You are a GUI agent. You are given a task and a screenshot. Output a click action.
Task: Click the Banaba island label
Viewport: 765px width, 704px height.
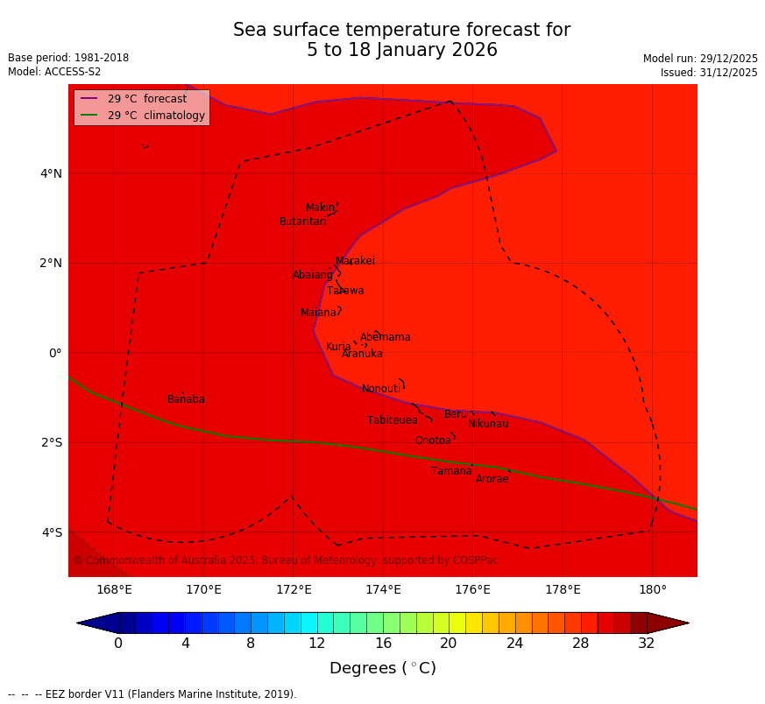(186, 399)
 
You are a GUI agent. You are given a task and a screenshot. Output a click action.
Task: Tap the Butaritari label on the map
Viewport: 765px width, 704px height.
(302, 222)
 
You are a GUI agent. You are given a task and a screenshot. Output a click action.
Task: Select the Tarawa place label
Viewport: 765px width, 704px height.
(345, 291)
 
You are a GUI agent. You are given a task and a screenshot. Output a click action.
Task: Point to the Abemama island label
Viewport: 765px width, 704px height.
(385, 337)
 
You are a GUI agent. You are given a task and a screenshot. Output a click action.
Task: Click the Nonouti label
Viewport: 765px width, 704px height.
(381, 389)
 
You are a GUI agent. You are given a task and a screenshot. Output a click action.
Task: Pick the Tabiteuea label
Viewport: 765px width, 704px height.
(393, 420)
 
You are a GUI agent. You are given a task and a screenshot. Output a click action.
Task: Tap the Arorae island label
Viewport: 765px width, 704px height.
(492, 479)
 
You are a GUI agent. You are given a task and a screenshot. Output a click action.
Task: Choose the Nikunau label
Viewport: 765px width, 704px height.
(488, 424)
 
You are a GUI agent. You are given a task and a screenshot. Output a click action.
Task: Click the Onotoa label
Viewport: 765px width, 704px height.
(433, 440)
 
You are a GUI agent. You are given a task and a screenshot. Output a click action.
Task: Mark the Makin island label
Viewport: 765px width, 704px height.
(320, 208)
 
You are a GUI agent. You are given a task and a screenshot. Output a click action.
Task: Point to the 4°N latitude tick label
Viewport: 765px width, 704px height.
(51, 173)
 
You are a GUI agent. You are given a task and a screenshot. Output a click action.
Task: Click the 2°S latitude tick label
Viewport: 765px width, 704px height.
(51, 442)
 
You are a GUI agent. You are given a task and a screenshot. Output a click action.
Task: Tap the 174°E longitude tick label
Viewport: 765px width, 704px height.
(383, 589)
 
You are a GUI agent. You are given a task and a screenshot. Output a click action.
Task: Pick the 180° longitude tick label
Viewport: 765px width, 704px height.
(652, 589)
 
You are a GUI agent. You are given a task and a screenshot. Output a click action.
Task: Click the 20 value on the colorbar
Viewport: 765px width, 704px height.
(449, 644)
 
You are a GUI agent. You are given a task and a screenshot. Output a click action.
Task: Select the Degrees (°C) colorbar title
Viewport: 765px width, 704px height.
(383, 668)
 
